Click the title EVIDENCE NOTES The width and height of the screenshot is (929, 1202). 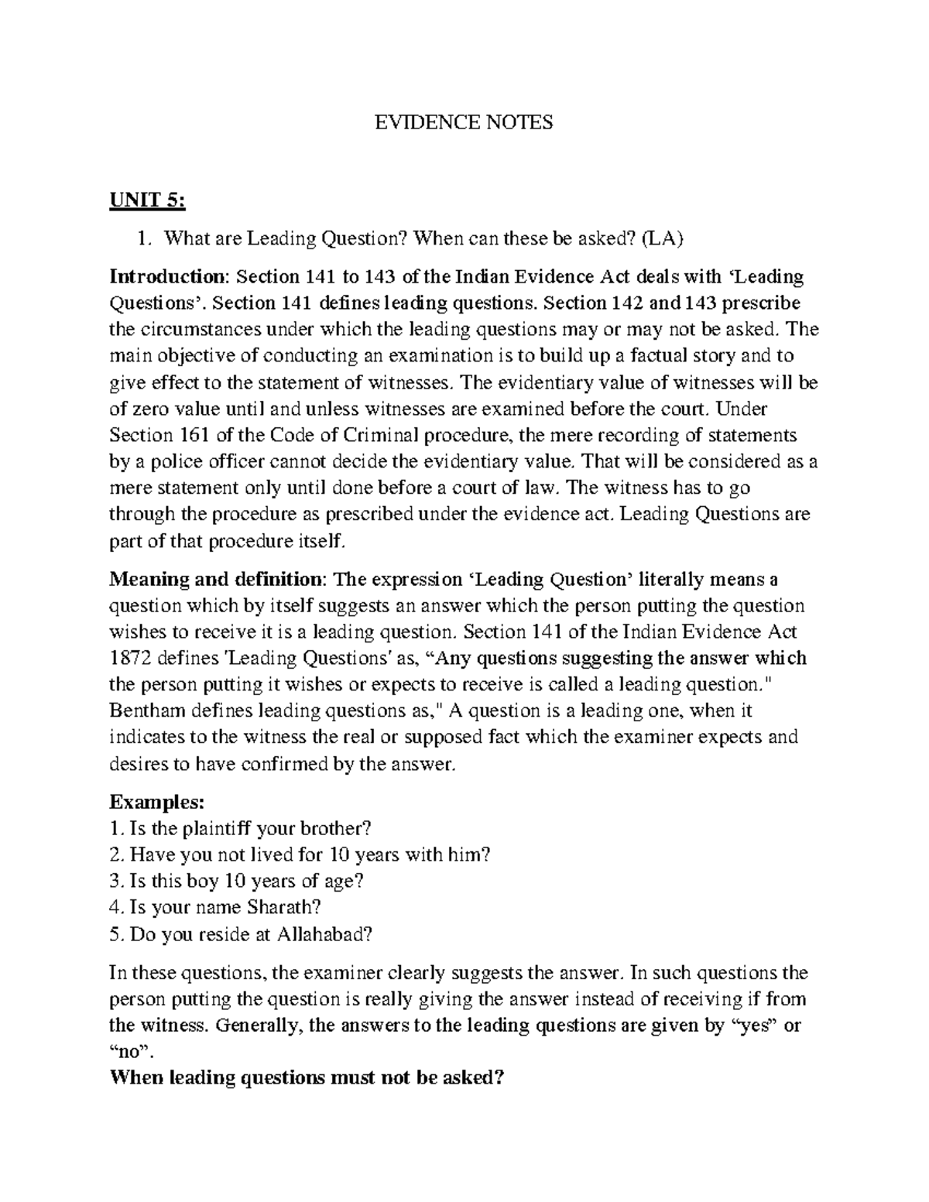(x=464, y=122)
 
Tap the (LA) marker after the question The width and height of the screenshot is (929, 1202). (x=663, y=238)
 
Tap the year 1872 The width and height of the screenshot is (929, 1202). (x=129, y=658)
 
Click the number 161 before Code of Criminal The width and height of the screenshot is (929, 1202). (x=187, y=435)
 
